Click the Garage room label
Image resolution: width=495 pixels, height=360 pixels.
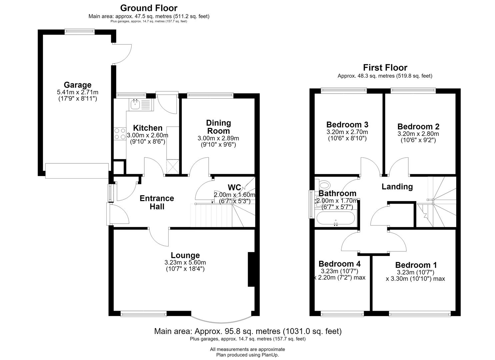78,85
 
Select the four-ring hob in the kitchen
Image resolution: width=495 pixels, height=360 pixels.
120,134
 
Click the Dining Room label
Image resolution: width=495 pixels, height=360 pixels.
219,127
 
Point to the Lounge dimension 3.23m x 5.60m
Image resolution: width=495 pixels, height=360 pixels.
185,263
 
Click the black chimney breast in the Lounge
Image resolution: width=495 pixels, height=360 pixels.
251,269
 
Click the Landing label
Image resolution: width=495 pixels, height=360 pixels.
397,187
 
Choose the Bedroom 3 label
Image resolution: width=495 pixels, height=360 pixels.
347,125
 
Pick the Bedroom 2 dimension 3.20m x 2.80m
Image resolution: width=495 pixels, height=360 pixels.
418,134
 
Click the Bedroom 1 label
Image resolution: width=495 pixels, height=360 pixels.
416,265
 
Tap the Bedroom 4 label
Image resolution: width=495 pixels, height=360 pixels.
339,264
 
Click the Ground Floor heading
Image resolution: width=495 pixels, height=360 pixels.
149,8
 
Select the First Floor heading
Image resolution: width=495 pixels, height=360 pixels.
385,67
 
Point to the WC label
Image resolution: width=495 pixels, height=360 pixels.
234,187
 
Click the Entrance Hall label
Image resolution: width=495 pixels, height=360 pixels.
157,202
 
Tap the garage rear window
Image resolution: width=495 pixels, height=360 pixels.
80,32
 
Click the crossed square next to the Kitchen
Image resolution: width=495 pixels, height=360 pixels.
172,167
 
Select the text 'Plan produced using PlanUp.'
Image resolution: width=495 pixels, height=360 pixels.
247,355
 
